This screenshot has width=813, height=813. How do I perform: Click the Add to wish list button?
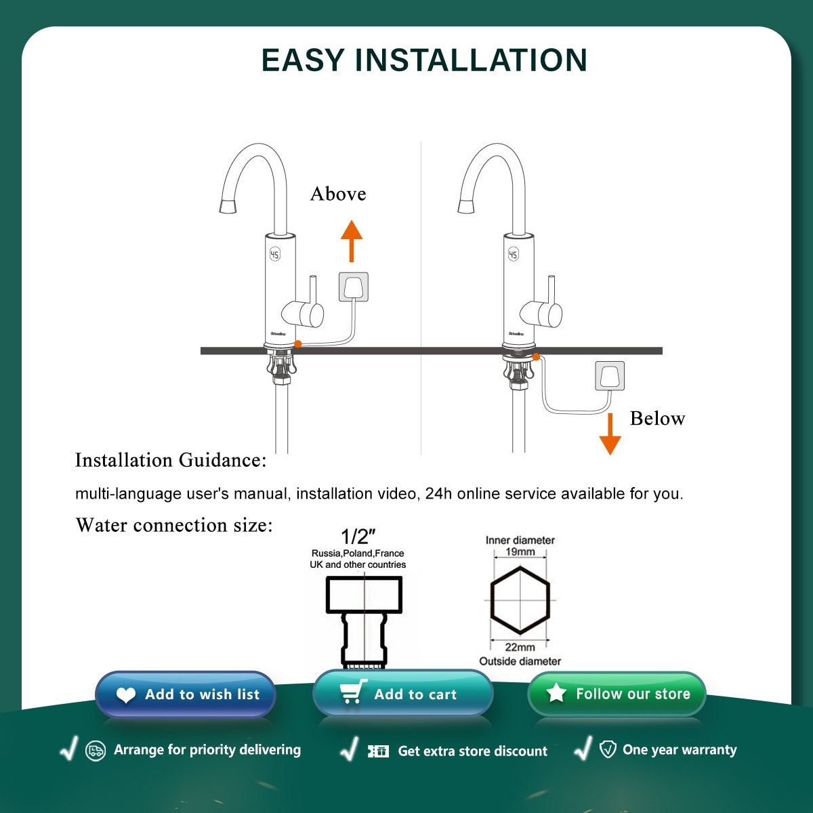coord(186,694)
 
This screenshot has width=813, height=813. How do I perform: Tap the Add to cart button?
coord(403,694)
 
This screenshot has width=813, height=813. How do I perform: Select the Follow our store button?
coord(617,694)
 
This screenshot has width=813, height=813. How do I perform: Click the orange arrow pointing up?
coord(351,241)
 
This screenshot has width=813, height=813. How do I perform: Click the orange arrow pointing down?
coord(610,434)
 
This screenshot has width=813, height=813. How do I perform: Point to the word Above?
coord(338,194)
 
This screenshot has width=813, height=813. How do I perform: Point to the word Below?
coord(657,419)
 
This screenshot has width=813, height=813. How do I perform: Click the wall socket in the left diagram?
coord(354,287)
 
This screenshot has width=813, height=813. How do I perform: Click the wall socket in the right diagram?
coord(610,376)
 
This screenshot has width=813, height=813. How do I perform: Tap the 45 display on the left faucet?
coord(274,254)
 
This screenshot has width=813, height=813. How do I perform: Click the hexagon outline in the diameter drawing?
coord(520,600)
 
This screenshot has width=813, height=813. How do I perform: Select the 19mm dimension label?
coord(520,551)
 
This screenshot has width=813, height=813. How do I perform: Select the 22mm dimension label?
coord(520,647)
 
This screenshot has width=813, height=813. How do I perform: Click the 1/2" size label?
coord(358,537)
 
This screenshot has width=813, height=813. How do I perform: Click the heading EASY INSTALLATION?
coord(424,60)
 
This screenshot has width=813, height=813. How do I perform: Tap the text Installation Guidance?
coord(171,461)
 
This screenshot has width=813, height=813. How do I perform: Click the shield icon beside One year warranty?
coord(608,749)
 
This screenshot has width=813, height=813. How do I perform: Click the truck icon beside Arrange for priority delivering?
coord(96,751)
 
